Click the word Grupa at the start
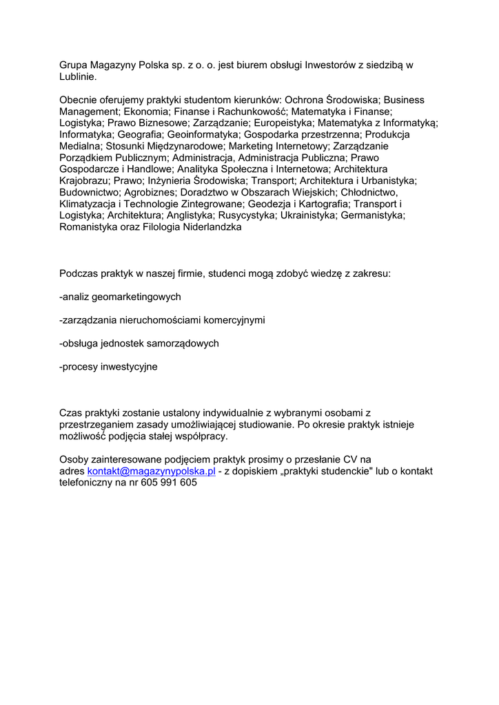(x=74, y=65)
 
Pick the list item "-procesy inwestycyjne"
(x=108, y=367)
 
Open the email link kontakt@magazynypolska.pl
(x=152, y=471)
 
